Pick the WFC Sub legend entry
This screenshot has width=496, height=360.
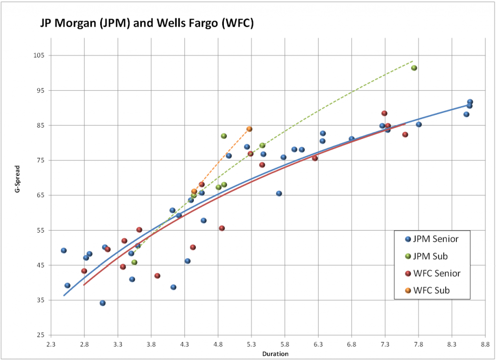[428, 291]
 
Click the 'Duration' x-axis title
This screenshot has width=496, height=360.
[275, 354]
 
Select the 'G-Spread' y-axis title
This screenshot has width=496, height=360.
[16, 196]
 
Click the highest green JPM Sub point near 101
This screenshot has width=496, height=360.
[414, 68]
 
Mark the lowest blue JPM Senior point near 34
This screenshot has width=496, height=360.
[103, 303]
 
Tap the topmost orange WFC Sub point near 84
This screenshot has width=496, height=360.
[249, 129]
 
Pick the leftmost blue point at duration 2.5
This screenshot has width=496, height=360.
[64, 250]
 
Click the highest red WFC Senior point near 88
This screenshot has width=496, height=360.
[384, 113]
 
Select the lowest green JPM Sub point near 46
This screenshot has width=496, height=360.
[134, 262]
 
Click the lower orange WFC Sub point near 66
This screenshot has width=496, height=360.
[194, 191]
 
